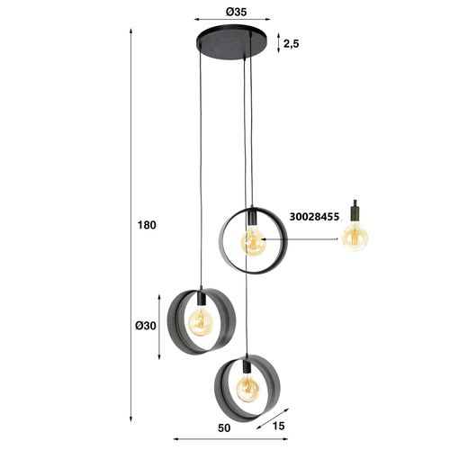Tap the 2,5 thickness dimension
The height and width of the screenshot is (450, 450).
tap(292, 43)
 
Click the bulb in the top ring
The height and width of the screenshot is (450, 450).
tap(254, 240)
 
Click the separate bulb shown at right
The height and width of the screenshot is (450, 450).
tap(355, 237)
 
